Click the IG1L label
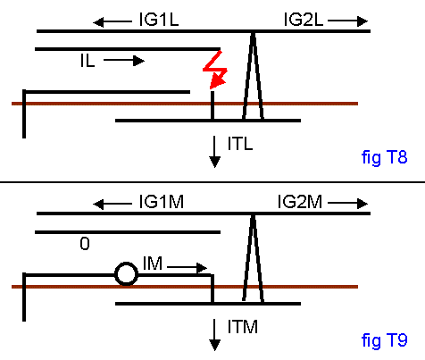click(159, 20)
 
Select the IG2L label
click(304, 20)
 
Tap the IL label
click(87, 61)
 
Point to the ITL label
click(240, 144)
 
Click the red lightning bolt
click(215, 71)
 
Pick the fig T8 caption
click(384, 157)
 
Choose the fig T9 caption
click(384, 339)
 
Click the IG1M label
click(162, 202)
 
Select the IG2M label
click(300, 202)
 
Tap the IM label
click(153, 264)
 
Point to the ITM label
click(243, 326)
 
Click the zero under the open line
click(85, 244)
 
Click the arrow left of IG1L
click(112, 21)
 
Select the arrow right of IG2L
click(347, 21)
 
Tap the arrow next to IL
click(124, 61)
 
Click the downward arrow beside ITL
click(214, 152)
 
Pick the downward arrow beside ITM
click(214, 335)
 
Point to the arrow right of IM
click(187, 267)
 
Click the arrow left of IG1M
click(112, 204)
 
